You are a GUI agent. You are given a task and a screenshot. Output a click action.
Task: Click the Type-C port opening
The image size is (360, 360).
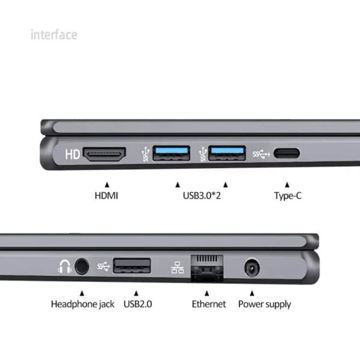point(287,154)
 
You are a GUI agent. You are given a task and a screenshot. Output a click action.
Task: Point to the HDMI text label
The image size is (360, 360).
point(107,195)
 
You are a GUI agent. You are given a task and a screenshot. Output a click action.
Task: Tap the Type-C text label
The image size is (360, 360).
point(287,195)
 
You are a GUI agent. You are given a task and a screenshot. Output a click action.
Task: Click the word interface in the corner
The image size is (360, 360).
point(54,35)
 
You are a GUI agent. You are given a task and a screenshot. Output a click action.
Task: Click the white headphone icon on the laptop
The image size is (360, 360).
point(64,266)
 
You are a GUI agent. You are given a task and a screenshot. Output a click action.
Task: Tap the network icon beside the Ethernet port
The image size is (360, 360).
point(178,266)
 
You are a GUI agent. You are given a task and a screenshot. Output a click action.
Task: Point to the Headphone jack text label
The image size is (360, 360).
point(82,304)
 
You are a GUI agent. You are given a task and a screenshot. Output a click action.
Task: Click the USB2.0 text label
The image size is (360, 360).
point(138,304)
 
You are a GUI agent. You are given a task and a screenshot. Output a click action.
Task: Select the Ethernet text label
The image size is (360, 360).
point(209,304)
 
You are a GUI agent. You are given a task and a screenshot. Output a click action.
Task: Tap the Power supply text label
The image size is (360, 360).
point(265,304)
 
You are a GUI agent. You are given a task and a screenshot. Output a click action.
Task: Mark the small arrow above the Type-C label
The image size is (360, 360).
point(287,184)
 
